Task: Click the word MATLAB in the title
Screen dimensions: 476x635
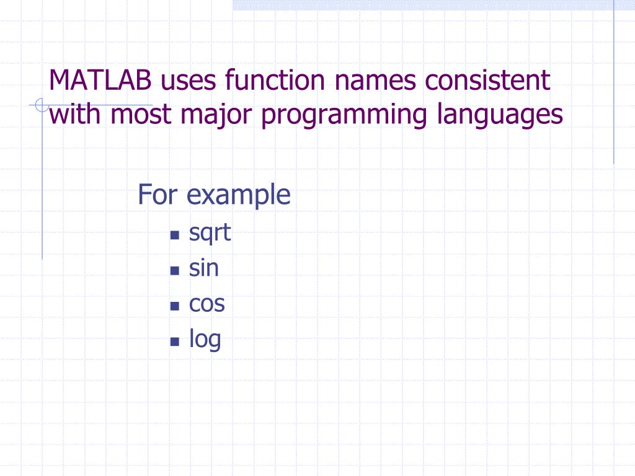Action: coord(102,80)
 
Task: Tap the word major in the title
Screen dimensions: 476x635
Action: coord(207,115)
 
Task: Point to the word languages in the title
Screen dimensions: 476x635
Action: coord(496,115)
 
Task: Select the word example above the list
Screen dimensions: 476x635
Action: coord(239,196)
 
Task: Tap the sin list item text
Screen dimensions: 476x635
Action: coord(204,268)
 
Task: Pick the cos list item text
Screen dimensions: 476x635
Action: coord(207,304)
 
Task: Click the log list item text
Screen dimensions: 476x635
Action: coord(205,340)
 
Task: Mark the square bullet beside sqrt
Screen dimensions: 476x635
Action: coord(174,236)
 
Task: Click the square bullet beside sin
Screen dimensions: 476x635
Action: coord(174,271)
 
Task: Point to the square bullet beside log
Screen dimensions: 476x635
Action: coord(174,342)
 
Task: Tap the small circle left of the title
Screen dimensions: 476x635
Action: coord(41,105)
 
